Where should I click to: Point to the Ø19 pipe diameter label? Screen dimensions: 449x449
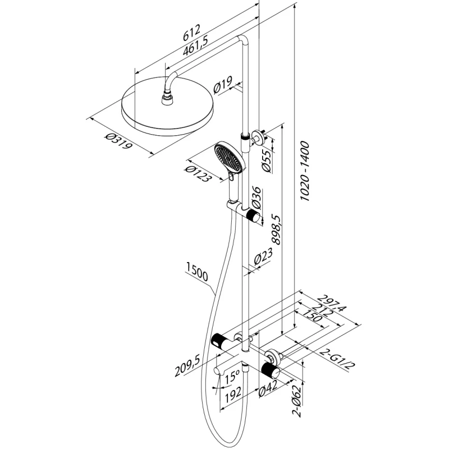point(223,86)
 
